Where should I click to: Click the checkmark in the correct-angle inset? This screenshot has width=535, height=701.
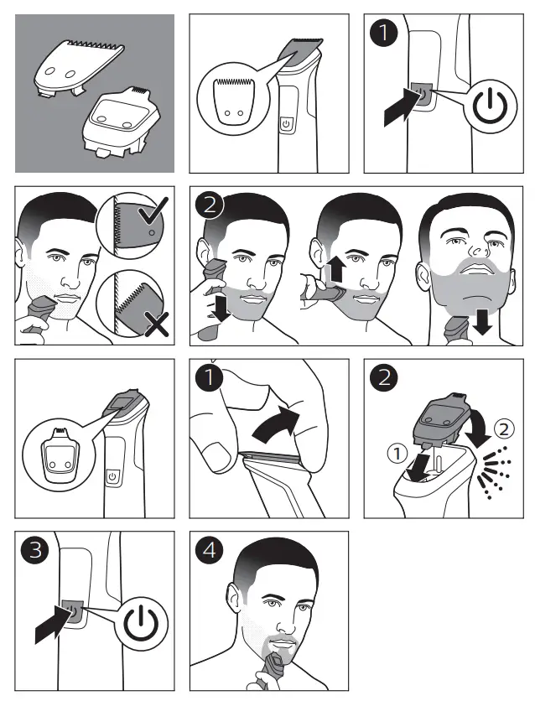153,211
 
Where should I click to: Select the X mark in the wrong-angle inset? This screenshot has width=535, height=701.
157,325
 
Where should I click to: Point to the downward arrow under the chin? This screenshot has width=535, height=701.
483,321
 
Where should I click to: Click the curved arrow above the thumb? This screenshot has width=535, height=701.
276,424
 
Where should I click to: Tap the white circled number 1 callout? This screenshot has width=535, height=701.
397,454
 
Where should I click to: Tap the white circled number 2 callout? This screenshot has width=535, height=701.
504,429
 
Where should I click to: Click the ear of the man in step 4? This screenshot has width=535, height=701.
234,599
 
